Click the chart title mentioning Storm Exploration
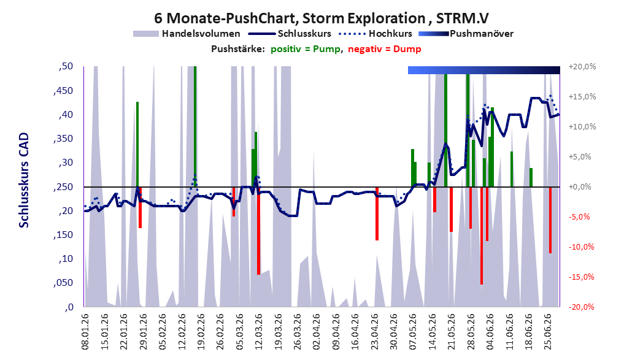pyautogui.click(x=321, y=18)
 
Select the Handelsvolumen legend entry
pyautogui.click(x=187, y=34)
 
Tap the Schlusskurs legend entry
pyautogui.click(x=289, y=34)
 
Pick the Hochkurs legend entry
pyautogui.click(x=375, y=34)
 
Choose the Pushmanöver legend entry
pyautogui.click(x=466, y=34)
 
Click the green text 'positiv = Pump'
pyautogui.click(x=306, y=49)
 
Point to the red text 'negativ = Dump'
pyautogui.click(x=385, y=49)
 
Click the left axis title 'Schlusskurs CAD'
pyautogui.click(x=24, y=180)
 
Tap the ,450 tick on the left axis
pyautogui.click(x=63, y=91)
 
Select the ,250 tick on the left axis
pyautogui.click(x=63, y=187)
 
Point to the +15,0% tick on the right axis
pyautogui.click(x=582, y=97)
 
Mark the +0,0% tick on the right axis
pyautogui.click(x=580, y=187)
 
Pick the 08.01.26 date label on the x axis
pyautogui.click(x=85, y=332)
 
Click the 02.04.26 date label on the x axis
pyautogui.click(x=316, y=332)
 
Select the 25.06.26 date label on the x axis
pyautogui.click(x=548, y=332)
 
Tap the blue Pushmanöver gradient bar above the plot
pyautogui.click(x=484, y=70)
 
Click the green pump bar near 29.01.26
pyautogui.click(x=137, y=144)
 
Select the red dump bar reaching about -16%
pyautogui.click(x=482, y=236)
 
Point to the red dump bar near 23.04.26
pyautogui.click(x=377, y=213)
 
